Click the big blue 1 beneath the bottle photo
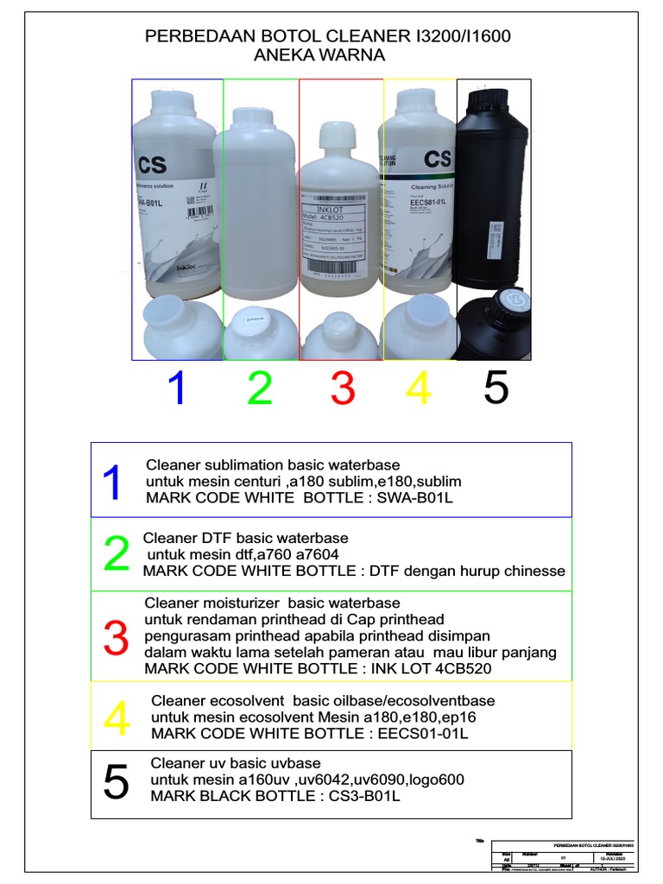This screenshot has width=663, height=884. [177, 388]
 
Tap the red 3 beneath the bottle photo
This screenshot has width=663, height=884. [343, 388]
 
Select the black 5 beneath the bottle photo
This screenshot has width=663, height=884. [496, 388]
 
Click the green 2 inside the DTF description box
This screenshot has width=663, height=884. [117, 554]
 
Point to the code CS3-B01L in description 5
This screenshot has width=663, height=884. [365, 796]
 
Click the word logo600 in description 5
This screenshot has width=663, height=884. [437, 780]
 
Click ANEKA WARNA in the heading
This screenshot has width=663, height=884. [319, 55]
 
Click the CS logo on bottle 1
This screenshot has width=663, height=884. [151, 164]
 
